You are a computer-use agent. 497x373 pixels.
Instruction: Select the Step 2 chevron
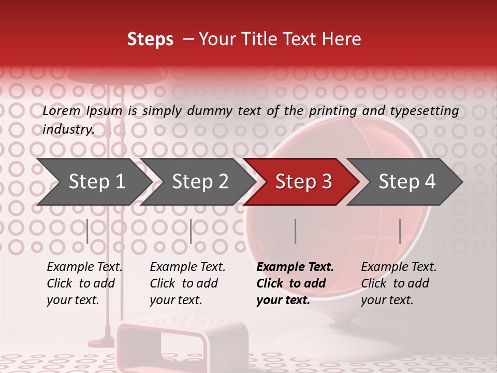click(x=200, y=182)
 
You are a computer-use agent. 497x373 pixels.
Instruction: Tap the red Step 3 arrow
click(x=303, y=182)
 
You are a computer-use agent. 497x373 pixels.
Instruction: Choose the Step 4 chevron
click(x=407, y=182)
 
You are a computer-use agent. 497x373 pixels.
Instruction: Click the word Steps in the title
click(x=150, y=39)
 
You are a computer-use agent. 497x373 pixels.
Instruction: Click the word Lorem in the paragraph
click(x=62, y=111)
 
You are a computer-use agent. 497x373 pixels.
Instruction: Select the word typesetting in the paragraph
click(x=424, y=111)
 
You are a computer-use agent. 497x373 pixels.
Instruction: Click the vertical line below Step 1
click(x=87, y=231)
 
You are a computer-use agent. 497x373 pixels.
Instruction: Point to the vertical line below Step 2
click(x=191, y=231)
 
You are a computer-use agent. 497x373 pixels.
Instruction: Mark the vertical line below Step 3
click(x=295, y=231)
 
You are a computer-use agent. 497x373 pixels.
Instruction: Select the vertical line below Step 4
click(x=400, y=231)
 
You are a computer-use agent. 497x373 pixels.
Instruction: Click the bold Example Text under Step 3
click(x=295, y=267)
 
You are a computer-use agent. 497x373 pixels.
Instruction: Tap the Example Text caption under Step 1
click(x=84, y=267)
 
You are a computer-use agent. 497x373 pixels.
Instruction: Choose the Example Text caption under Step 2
click(x=187, y=267)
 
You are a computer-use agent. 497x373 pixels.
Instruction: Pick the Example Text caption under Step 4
click(x=399, y=267)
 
